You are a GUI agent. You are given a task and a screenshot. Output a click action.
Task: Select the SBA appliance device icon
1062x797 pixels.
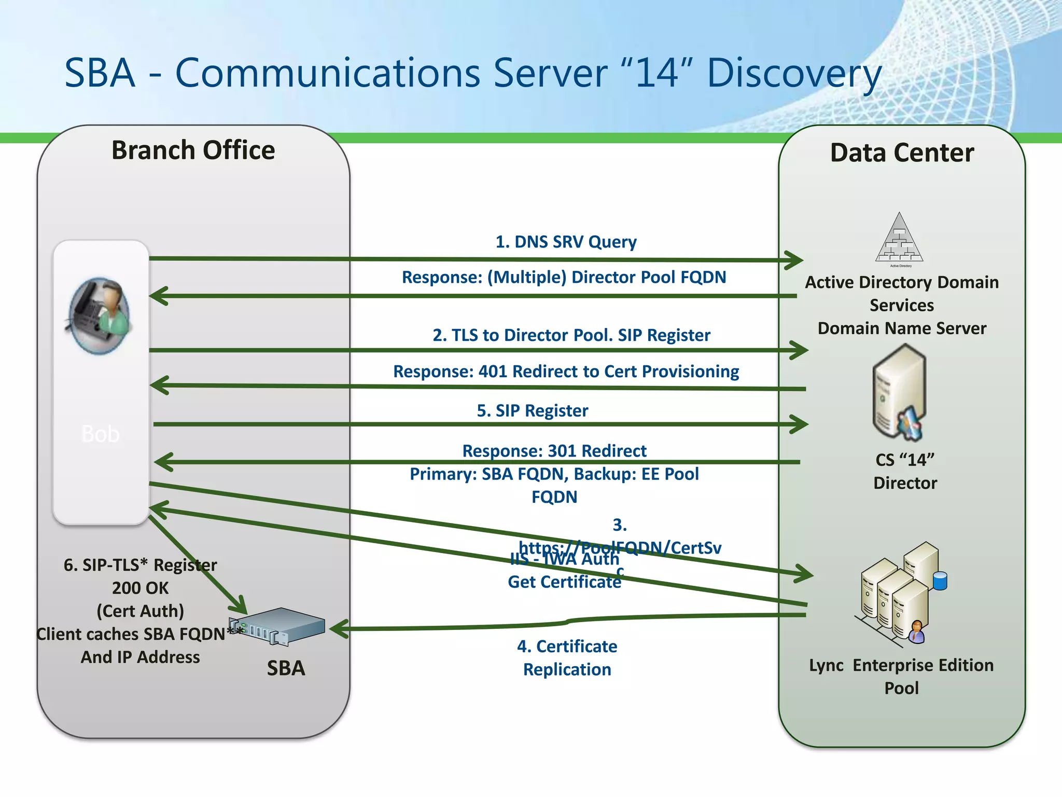click(277, 627)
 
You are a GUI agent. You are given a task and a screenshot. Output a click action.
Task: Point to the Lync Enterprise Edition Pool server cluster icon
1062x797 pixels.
click(900, 594)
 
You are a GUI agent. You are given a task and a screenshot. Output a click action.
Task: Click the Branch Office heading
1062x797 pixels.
click(193, 150)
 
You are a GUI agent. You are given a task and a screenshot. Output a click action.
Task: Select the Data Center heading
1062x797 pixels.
click(902, 153)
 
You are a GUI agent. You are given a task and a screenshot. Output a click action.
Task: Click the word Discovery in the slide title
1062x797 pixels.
click(793, 73)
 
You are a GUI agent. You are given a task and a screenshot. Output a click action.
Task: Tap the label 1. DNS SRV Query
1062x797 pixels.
click(566, 242)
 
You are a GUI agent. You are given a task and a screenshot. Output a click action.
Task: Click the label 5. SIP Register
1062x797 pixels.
click(533, 411)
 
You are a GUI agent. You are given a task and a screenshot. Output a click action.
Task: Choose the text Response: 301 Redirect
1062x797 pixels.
click(554, 450)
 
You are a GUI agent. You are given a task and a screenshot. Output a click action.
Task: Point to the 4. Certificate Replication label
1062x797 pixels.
click(567, 657)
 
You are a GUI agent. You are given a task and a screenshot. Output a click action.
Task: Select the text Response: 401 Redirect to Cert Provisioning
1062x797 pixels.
click(566, 372)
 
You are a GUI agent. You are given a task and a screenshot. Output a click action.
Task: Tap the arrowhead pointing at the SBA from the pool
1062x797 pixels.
click(338, 629)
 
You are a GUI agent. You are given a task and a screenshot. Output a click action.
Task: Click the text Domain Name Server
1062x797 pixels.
click(902, 328)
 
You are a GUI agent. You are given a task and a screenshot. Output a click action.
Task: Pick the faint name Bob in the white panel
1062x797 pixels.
click(101, 434)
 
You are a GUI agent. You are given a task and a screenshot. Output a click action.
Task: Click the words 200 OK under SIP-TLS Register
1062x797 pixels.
click(140, 588)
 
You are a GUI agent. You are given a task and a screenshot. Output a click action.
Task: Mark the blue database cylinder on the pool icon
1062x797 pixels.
click(940, 581)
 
